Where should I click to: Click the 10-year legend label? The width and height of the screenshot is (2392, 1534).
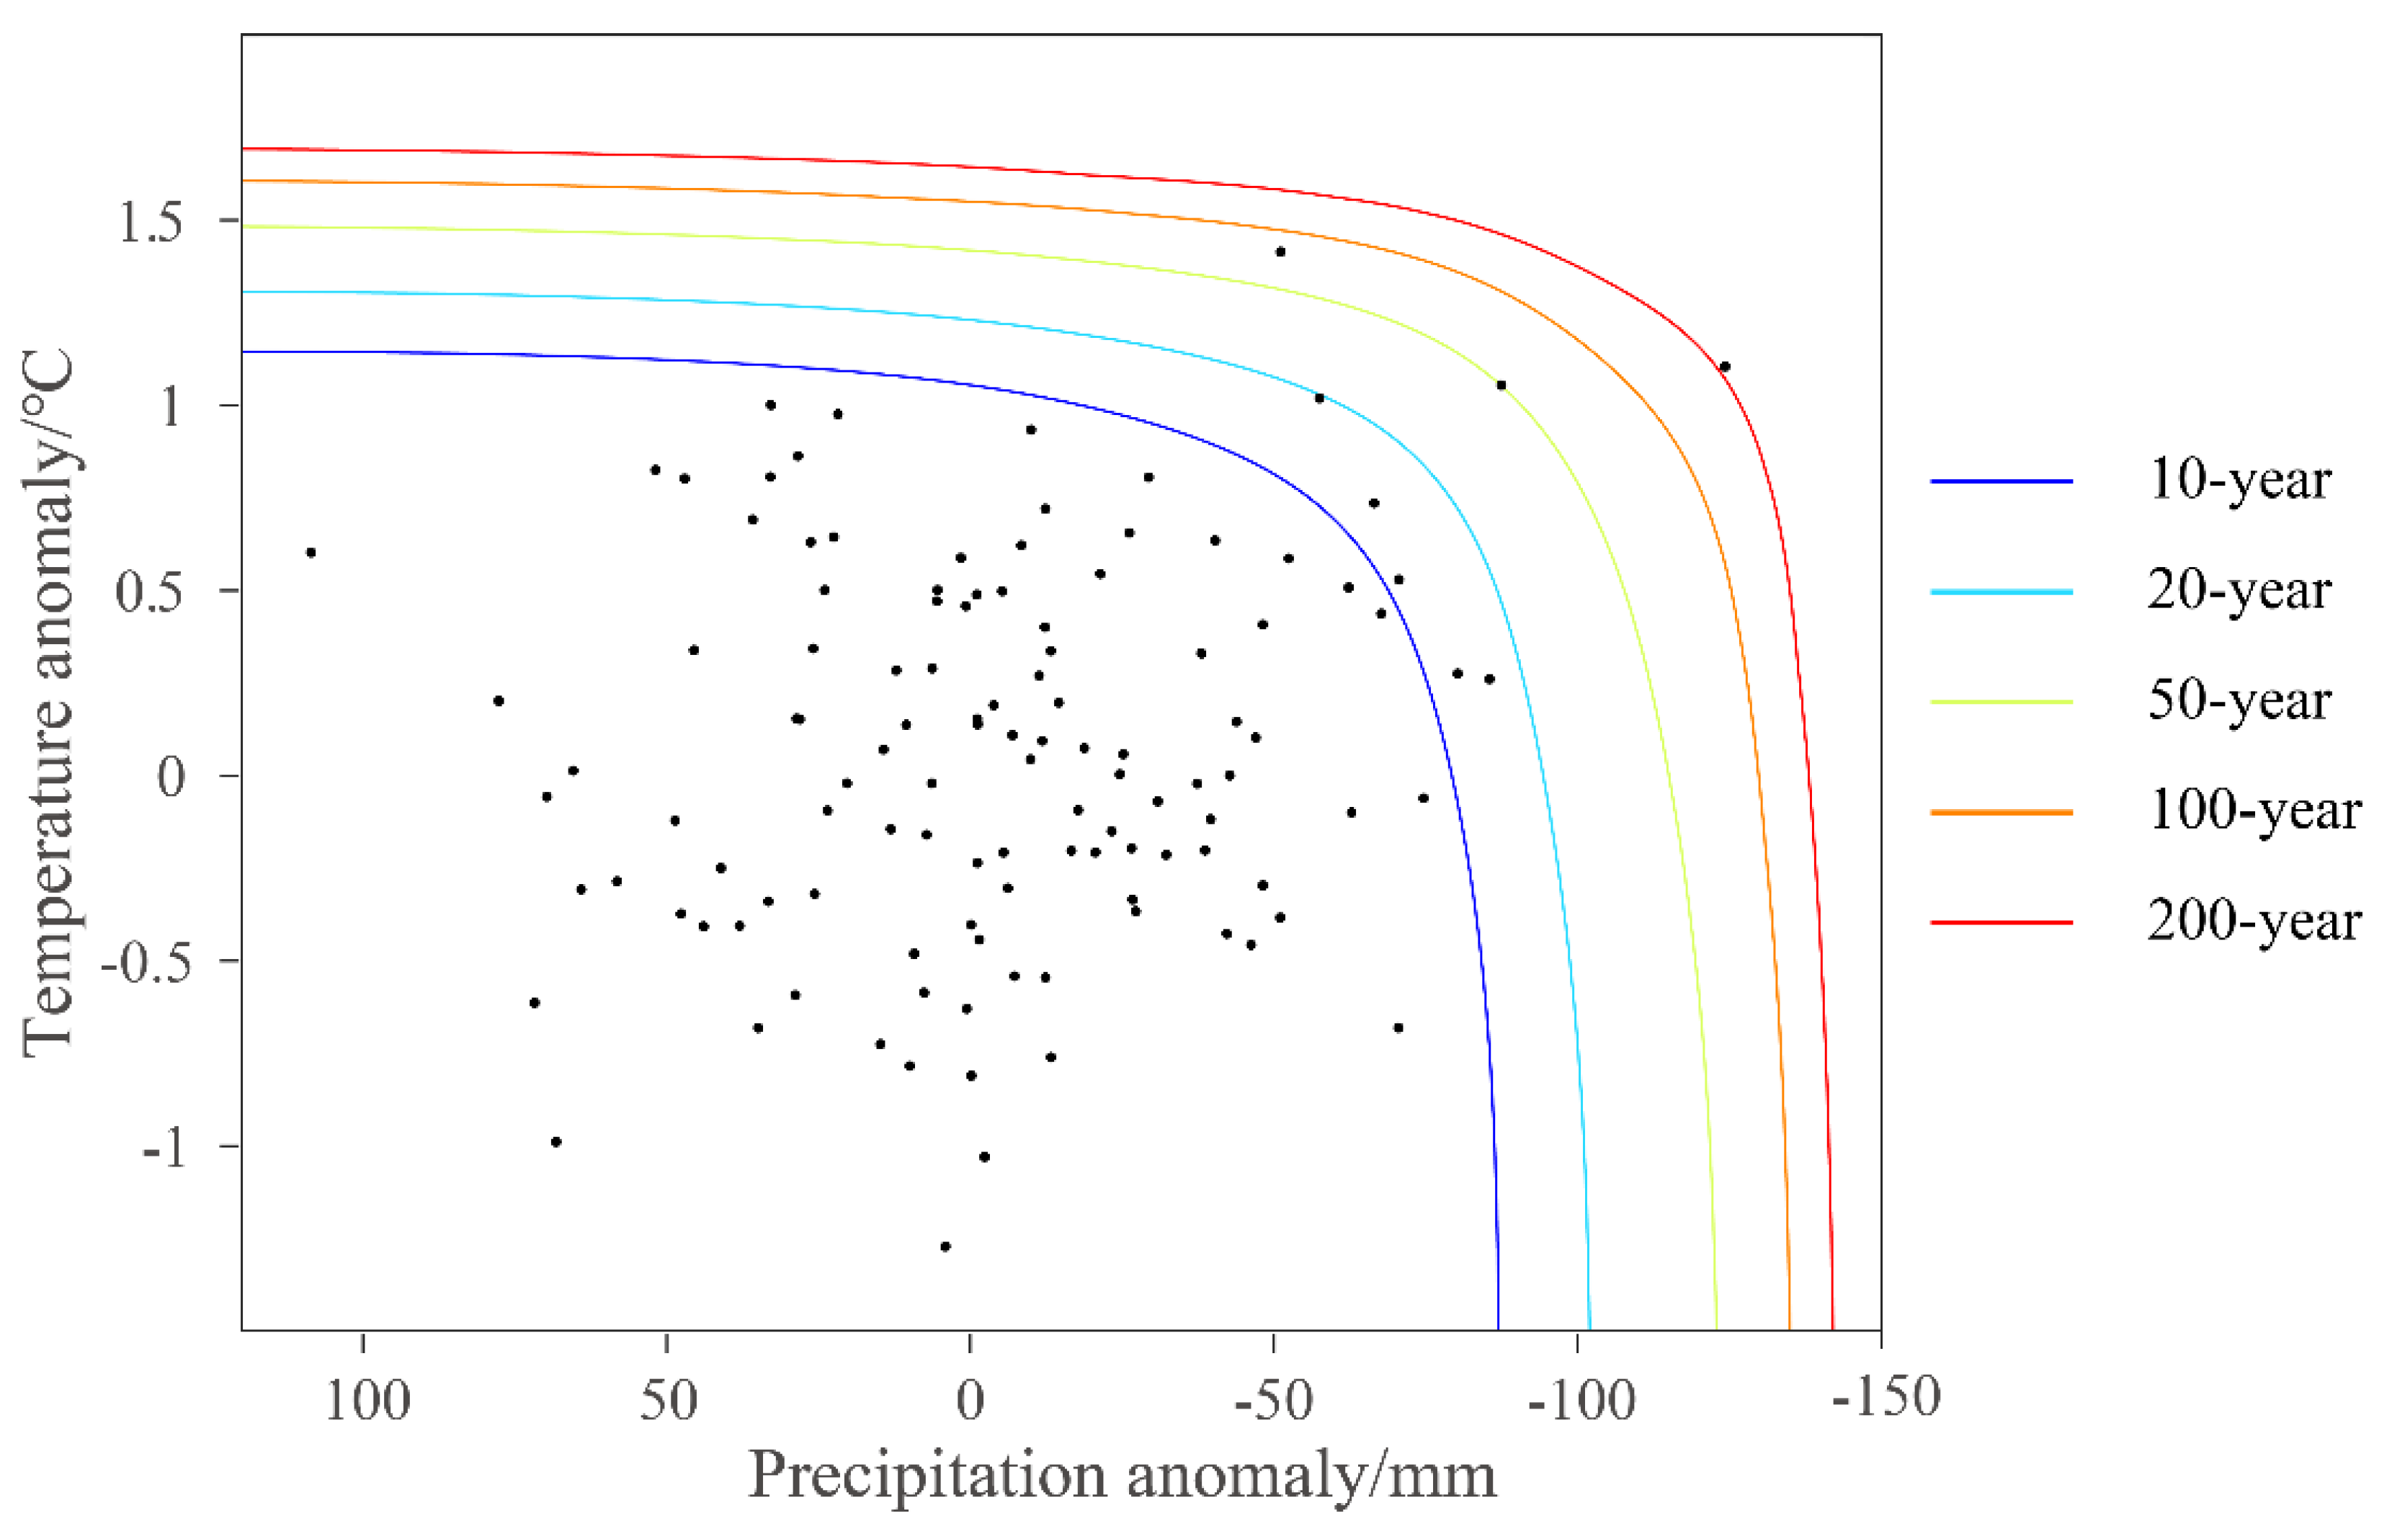[x=2239, y=481]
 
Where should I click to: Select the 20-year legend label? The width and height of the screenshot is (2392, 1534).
[x=2239, y=592]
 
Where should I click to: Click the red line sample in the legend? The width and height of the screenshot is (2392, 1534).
[x=2001, y=922]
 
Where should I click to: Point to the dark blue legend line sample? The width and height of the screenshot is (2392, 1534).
[x=2001, y=481]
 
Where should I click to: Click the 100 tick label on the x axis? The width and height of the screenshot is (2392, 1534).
[x=367, y=1401]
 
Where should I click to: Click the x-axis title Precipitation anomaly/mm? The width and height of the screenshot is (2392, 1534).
[x=1123, y=1475]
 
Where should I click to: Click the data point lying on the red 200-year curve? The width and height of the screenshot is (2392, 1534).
[x=1725, y=367]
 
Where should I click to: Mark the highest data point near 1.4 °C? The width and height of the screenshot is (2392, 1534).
[x=1280, y=252]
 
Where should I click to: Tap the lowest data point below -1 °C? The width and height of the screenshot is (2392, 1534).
[x=945, y=1246]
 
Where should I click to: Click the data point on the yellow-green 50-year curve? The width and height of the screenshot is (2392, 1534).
[x=1501, y=385]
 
